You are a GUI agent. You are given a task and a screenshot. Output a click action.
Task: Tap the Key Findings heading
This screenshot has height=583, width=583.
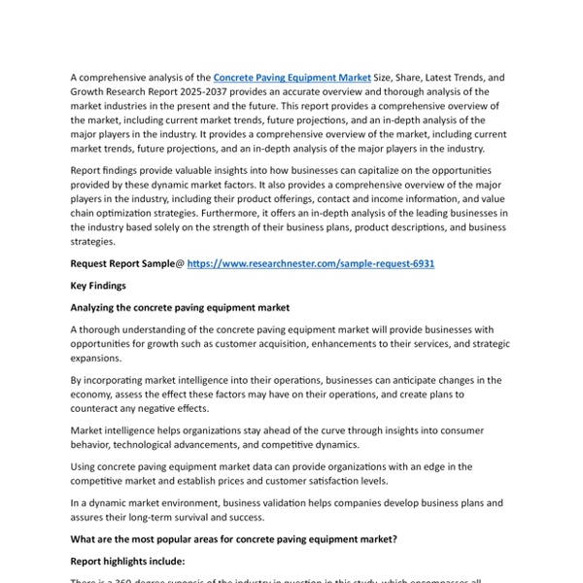pos(97,286)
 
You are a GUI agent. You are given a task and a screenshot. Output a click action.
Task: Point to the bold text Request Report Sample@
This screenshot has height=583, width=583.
pos(127,263)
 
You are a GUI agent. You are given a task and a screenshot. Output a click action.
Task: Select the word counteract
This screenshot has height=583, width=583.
pos(100,408)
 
